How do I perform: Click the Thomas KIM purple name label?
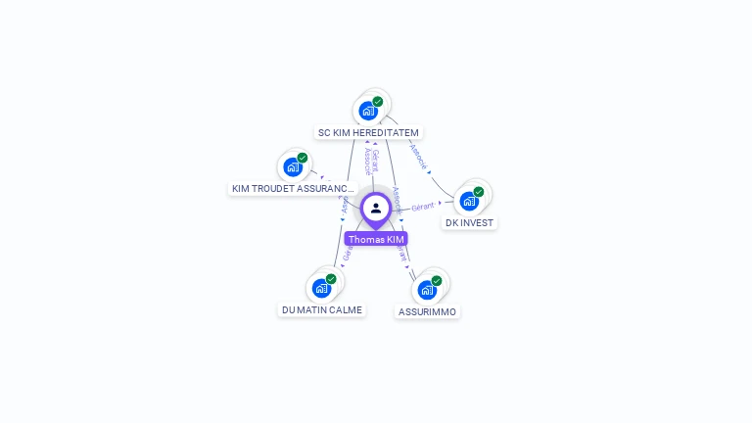click(x=376, y=239)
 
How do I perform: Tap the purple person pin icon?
click(x=376, y=209)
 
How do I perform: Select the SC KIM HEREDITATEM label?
click(x=368, y=132)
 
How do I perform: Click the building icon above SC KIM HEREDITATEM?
click(x=367, y=111)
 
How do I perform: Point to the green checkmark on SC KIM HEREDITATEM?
click(x=378, y=101)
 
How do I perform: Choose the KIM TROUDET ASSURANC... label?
click(x=292, y=188)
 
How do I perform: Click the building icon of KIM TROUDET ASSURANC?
click(x=292, y=166)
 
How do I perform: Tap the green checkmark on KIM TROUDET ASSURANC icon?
click(x=303, y=158)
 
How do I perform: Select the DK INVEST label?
click(x=469, y=222)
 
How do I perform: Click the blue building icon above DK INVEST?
click(x=469, y=201)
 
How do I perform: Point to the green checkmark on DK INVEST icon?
click(x=479, y=192)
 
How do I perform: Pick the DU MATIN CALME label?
click(x=322, y=309)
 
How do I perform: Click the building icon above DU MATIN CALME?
click(x=321, y=288)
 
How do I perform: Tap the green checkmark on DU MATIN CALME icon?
click(x=331, y=279)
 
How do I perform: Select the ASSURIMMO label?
click(x=427, y=311)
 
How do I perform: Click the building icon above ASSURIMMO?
click(x=426, y=290)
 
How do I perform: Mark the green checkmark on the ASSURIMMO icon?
click(x=437, y=281)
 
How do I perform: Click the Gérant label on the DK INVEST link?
click(x=423, y=207)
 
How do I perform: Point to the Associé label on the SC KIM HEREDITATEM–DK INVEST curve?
click(x=418, y=156)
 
